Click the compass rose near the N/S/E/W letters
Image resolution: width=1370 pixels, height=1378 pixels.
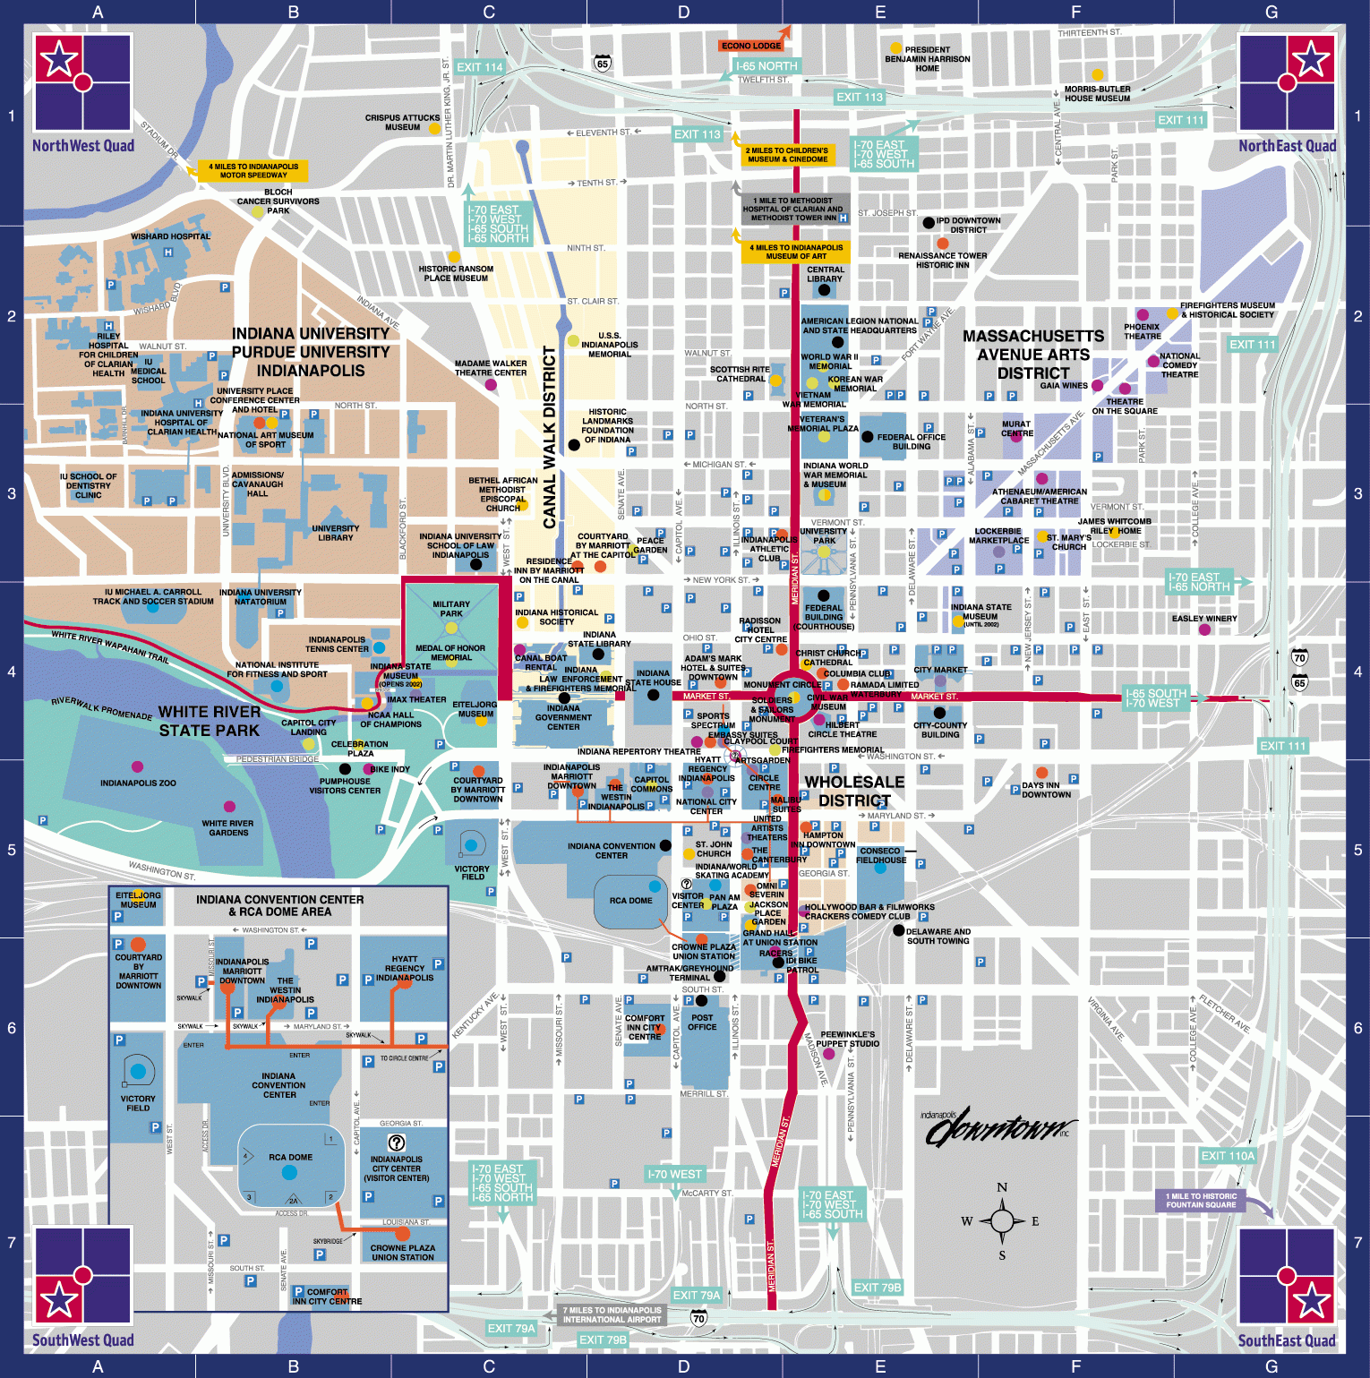point(1002,1220)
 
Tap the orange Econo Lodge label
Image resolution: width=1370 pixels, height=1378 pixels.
point(751,46)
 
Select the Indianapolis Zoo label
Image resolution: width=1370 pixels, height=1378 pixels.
point(138,783)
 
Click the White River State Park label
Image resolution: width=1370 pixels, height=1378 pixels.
point(210,721)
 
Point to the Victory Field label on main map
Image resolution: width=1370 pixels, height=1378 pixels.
point(472,872)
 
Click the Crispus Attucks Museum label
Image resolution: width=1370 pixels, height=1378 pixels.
point(402,123)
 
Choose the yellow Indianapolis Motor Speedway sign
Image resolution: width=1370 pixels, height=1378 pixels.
point(253,170)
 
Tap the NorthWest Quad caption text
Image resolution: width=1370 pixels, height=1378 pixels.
point(83,146)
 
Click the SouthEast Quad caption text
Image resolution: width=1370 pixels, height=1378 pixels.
point(1286,1340)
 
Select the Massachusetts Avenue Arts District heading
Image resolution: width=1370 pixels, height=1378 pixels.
point(1033,355)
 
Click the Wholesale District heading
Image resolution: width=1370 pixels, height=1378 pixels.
point(854,791)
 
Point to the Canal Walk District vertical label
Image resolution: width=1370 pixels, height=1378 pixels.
point(549,437)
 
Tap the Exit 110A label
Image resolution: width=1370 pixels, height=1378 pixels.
point(1228,1156)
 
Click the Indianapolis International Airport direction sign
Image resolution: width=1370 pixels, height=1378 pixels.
point(612,1314)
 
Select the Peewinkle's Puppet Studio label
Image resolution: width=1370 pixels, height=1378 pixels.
point(847,1039)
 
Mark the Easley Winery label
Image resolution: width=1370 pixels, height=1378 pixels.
point(1204,619)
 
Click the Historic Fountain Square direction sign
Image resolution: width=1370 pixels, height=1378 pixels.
point(1201,1200)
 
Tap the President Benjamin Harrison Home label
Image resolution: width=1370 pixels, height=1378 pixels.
point(927,59)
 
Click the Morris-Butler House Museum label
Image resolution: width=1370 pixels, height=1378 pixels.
point(1097,93)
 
